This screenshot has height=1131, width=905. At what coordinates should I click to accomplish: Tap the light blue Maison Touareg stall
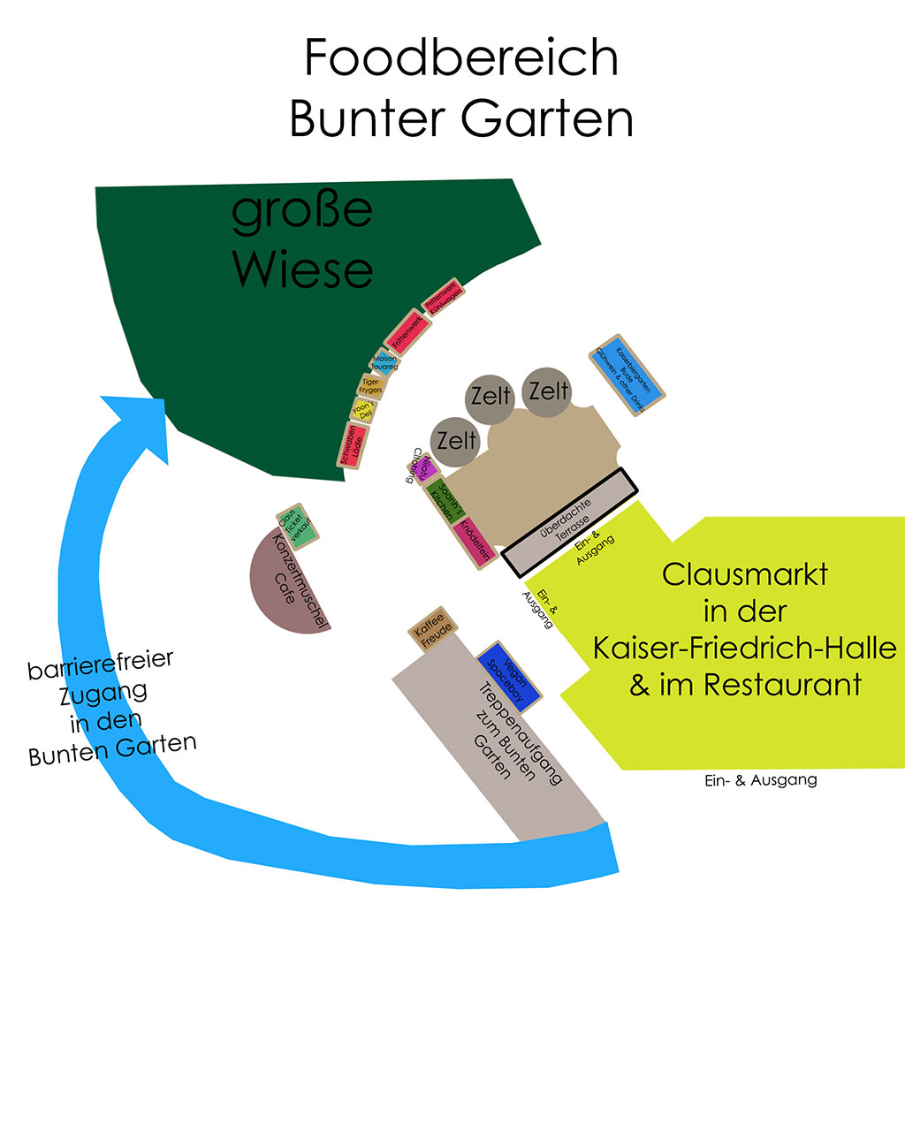(x=385, y=363)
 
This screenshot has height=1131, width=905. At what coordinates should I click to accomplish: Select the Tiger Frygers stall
(x=371, y=385)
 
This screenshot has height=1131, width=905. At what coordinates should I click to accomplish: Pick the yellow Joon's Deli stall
(x=362, y=410)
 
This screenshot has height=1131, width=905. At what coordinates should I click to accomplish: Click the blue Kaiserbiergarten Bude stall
(x=627, y=376)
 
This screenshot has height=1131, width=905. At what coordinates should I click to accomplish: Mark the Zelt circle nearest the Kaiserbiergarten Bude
(x=548, y=391)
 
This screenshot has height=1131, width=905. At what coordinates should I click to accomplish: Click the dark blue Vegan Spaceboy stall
(x=508, y=675)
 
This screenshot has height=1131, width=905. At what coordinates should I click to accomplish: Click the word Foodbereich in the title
(x=460, y=58)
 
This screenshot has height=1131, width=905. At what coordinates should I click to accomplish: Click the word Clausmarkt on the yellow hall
(x=744, y=574)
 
